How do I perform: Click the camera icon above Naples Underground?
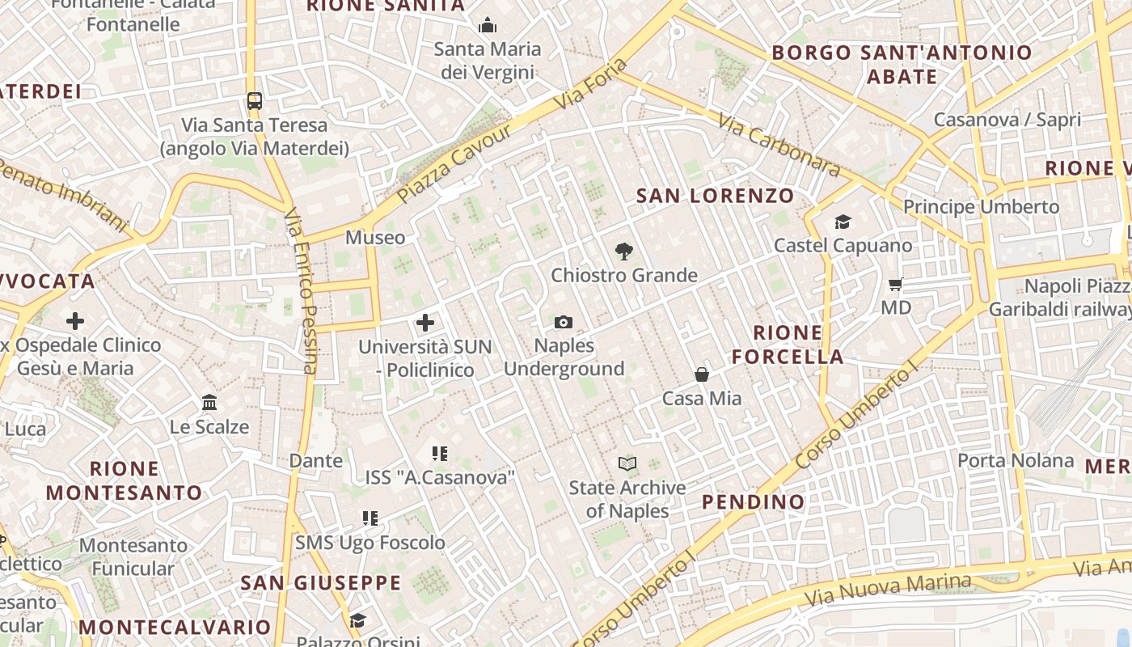click(564, 323)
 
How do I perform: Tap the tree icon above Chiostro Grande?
click(623, 252)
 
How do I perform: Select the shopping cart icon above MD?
click(895, 285)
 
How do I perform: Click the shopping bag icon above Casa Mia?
click(702, 374)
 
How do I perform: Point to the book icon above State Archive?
click(627, 464)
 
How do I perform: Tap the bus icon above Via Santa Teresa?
click(255, 101)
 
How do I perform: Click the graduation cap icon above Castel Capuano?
click(843, 222)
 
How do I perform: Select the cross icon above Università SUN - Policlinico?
click(425, 323)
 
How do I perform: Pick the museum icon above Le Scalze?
click(209, 402)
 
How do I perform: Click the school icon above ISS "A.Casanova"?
click(439, 454)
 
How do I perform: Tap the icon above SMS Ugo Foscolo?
click(370, 518)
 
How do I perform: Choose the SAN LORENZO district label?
click(715, 196)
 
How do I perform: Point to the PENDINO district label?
click(753, 502)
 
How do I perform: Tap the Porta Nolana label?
click(1016, 461)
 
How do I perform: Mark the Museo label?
click(375, 238)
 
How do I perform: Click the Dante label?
click(316, 461)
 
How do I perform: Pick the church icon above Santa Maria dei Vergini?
click(487, 26)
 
